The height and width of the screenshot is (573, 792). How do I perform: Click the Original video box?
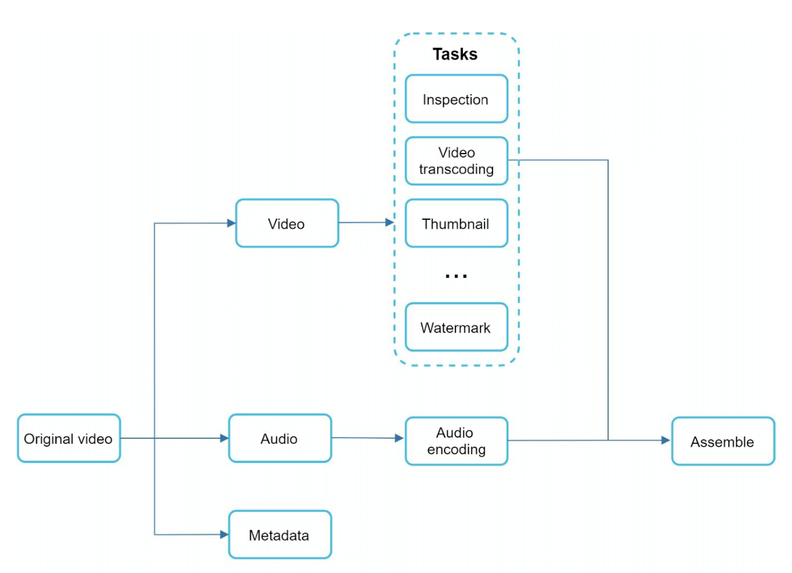[69, 438]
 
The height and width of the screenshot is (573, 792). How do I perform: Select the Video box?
[287, 223]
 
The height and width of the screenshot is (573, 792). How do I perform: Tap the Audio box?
[279, 438]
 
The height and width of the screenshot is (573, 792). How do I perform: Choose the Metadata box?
[279, 535]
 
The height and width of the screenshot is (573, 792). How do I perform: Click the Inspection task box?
[456, 99]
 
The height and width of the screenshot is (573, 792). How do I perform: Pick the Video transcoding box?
[456, 161]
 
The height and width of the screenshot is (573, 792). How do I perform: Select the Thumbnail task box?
[456, 223]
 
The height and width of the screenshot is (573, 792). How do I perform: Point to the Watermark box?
[456, 327]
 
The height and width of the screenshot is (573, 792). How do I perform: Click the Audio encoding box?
[456, 441]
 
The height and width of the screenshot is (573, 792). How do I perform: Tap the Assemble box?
[723, 441]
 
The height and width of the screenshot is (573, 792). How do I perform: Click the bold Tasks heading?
[455, 54]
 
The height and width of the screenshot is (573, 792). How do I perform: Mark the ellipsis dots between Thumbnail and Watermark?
[456, 276]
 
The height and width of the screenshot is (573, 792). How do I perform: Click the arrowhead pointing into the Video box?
[231, 223]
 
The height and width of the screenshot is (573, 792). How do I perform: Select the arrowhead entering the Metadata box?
[224, 535]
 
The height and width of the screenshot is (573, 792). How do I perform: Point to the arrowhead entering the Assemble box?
[666, 440]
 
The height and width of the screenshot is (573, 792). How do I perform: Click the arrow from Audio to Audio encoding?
[367, 438]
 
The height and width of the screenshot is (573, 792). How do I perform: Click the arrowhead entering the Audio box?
[224, 438]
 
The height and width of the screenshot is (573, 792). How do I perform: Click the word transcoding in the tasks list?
[456, 169]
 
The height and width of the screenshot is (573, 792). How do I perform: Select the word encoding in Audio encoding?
[456, 450]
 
